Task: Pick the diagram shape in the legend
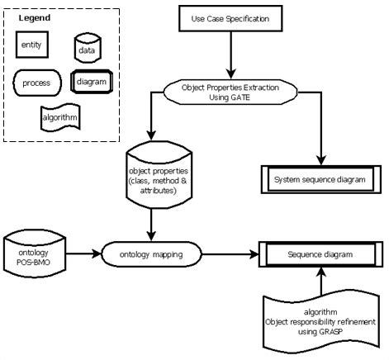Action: click(89, 83)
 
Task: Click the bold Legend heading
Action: click(35, 17)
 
